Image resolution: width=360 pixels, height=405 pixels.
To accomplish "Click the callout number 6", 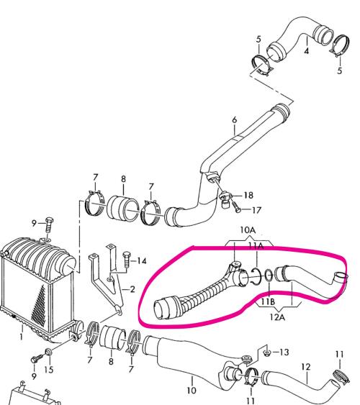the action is click(234, 120).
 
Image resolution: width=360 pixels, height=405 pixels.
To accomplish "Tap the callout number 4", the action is click(306, 51).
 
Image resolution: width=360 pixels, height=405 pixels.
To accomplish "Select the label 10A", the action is click(248, 229).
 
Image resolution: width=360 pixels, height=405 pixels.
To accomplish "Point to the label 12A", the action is click(277, 317).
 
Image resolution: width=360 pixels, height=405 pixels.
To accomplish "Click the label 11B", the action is click(268, 301).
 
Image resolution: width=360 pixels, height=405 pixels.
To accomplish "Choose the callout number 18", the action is click(248, 195).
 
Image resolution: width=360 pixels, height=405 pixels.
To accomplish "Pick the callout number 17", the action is click(256, 210).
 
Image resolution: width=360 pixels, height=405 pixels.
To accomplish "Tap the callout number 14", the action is click(142, 261).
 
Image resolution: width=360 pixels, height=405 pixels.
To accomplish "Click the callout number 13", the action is click(284, 352).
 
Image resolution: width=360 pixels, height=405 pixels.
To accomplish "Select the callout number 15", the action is click(49, 370).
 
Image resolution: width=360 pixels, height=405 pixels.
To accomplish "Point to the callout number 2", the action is click(132, 289).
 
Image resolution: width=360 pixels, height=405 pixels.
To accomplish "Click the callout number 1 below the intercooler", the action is click(21, 337).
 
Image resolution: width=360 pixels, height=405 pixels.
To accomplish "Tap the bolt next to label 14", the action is click(127, 259).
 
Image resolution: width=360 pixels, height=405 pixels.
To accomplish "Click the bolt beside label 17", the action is click(236, 206).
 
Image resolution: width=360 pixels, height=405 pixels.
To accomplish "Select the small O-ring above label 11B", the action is click(269, 276).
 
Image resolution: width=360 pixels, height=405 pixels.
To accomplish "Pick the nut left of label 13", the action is click(266, 352).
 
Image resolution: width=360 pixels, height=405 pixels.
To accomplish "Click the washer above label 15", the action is click(48, 352).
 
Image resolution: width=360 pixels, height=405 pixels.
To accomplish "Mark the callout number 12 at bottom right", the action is click(306, 367).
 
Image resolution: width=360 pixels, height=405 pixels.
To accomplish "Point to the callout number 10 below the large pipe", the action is click(192, 391).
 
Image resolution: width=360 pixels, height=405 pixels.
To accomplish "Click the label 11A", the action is click(256, 246).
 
